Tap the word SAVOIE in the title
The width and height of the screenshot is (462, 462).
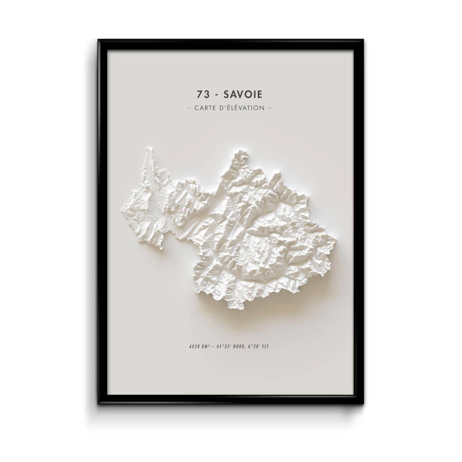(243, 94)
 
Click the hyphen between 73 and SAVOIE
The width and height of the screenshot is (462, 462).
(216, 94)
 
